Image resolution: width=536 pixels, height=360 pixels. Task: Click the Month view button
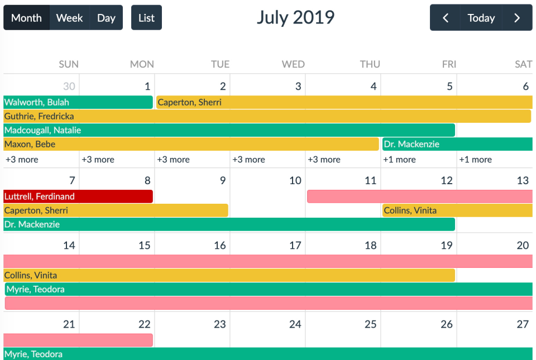coord(26,18)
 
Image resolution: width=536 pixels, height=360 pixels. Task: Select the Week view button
coord(69,18)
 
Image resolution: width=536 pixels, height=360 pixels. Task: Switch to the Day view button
coord(106,18)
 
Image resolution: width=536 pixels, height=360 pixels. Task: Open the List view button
coord(146,18)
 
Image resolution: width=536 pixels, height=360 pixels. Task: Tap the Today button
coord(481,18)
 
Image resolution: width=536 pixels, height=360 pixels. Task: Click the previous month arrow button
coord(445,18)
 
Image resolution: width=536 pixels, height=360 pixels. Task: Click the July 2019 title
coord(295,17)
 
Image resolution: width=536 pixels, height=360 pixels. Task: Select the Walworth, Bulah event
coord(78,102)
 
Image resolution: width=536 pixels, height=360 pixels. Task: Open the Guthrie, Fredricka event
coord(267,116)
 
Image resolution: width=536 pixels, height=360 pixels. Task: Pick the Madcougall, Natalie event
coord(229,130)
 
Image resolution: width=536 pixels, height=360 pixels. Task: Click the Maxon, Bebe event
coord(191,144)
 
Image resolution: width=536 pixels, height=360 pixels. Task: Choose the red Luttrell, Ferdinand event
coord(78,196)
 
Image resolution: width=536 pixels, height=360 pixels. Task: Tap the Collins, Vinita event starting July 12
coord(457,210)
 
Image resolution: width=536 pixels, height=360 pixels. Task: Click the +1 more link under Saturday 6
coord(475,160)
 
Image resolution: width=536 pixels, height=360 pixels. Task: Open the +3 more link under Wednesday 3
coord(248,160)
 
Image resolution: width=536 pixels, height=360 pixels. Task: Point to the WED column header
coord(293,64)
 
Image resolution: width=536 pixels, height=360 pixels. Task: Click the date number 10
coord(295,180)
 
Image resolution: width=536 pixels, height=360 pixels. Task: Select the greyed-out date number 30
coord(69,87)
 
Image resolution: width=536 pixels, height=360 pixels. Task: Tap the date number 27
coord(522,324)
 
